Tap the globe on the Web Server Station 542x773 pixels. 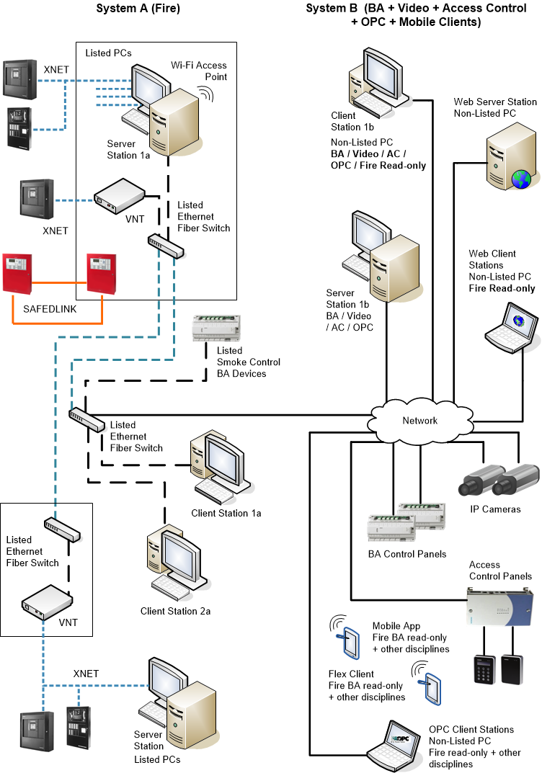coord(520,179)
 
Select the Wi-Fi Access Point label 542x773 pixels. coord(199,71)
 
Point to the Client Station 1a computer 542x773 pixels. coord(216,468)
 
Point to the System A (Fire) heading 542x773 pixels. coord(138,9)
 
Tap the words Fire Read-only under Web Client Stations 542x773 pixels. coord(502,288)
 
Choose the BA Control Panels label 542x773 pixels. coord(406,554)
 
